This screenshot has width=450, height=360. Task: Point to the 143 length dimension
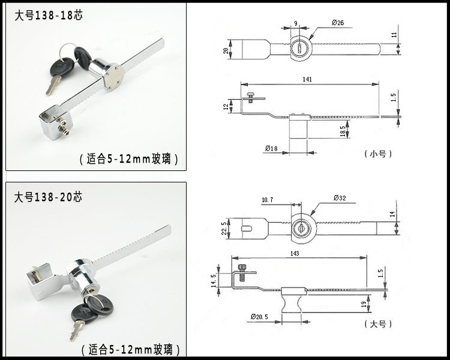click(295, 253)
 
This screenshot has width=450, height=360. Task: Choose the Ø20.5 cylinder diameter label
click(260, 316)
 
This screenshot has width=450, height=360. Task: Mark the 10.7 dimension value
click(268, 199)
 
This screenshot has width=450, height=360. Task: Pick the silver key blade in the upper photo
click(53, 84)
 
